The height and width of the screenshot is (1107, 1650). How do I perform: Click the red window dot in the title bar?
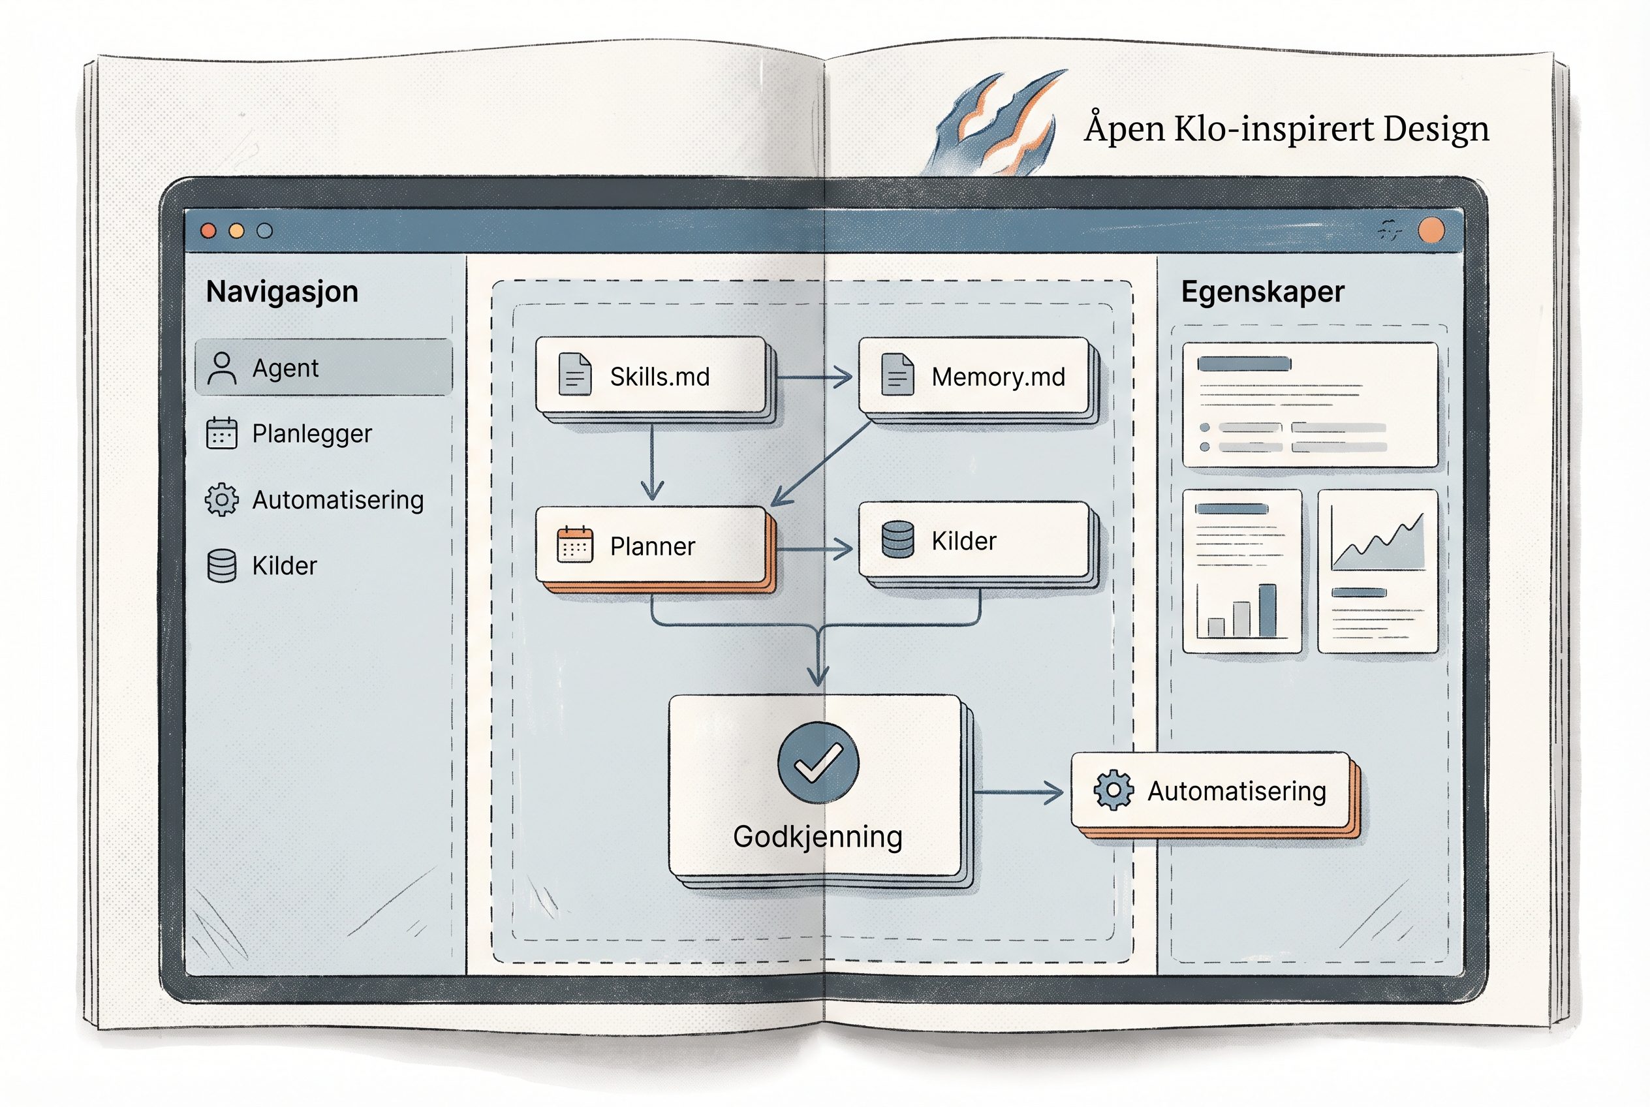[x=208, y=231]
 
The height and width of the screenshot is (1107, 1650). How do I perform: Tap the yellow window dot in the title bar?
[x=236, y=231]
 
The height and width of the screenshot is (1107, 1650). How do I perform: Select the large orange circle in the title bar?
[x=1431, y=230]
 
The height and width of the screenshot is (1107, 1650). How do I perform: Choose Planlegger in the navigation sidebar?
[x=311, y=433]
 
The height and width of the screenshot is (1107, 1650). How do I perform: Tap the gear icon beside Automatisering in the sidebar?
[x=222, y=500]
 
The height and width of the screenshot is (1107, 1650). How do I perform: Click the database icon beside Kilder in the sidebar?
[x=222, y=565]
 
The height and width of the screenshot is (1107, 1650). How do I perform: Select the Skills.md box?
[x=650, y=375]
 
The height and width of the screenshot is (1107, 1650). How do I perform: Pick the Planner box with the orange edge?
[x=650, y=545]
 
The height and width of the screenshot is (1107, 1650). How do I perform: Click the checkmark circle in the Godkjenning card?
[x=818, y=762]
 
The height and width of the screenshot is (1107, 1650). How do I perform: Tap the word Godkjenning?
[x=818, y=837]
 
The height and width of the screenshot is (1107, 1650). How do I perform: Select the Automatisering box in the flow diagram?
[x=1211, y=790]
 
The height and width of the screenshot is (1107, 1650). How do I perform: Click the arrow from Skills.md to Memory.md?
[x=813, y=377]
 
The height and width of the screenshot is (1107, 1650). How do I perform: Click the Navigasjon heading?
[x=283, y=292]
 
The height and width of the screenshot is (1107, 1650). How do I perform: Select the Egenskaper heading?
[x=1262, y=292]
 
